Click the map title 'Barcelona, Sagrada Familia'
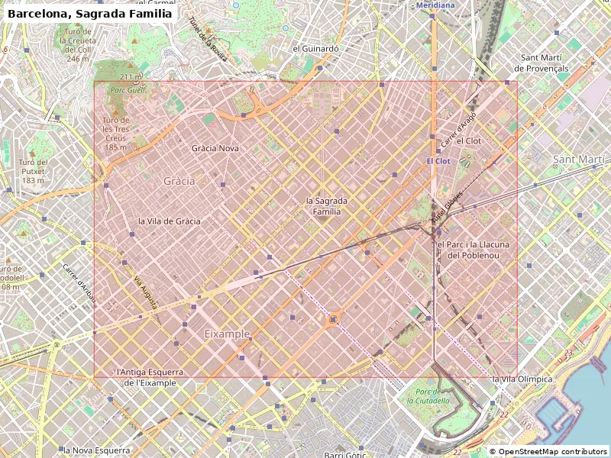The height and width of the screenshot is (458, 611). (x=89, y=13)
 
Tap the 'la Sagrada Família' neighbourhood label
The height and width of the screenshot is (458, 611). (x=327, y=206)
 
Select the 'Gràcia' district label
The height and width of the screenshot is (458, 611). (x=179, y=181)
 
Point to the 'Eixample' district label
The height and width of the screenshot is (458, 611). (x=227, y=334)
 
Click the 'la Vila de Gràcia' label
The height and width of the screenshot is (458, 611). (x=169, y=221)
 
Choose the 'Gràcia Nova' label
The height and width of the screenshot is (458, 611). (x=215, y=148)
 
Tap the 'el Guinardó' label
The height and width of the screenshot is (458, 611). (x=315, y=47)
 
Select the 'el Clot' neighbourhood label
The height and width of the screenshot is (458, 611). (x=468, y=141)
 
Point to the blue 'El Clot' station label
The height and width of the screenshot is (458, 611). (x=438, y=162)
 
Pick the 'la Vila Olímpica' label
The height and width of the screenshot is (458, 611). (x=522, y=379)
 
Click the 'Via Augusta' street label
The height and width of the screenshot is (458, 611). (x=146, y=292)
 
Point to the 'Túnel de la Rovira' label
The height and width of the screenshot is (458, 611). (x=208, y=38)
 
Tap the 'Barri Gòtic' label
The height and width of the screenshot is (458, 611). (x=346, y=455)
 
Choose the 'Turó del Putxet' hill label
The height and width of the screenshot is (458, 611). (x=34, y=171)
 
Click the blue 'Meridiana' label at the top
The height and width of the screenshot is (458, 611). (x=435, y=5)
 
